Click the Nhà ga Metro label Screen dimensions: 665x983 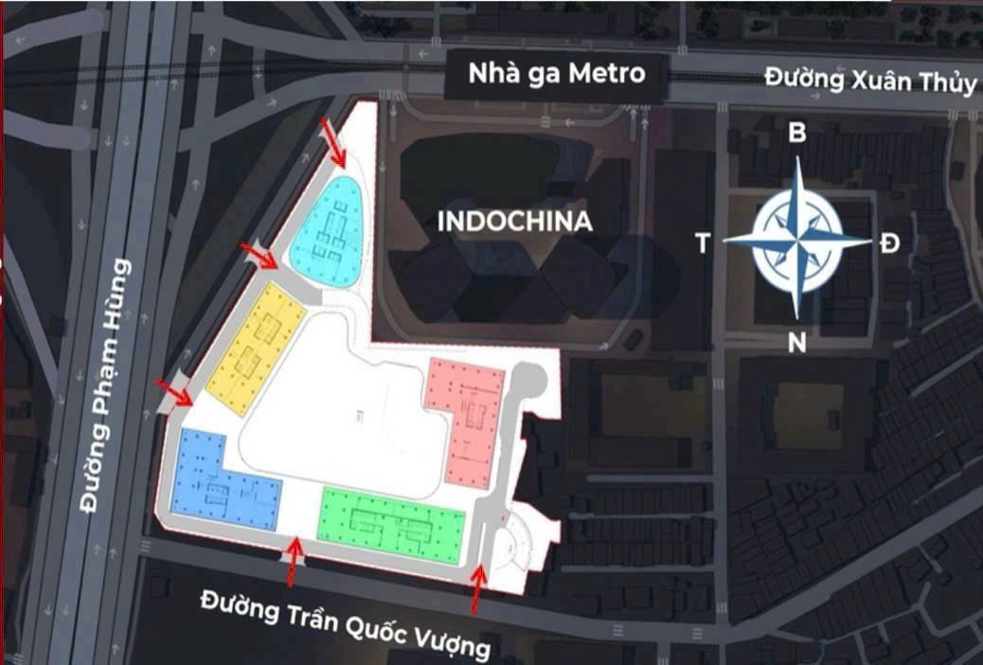point(556,74)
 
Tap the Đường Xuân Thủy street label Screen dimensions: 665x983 point(870,80)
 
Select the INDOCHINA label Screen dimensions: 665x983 point(515,223)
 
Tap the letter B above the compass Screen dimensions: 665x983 point(797,134)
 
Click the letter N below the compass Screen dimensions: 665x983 point(797,344)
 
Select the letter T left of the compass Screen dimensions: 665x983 point(703,244)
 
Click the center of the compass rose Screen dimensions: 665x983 point(797,240)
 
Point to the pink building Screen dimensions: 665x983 point(471,418)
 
